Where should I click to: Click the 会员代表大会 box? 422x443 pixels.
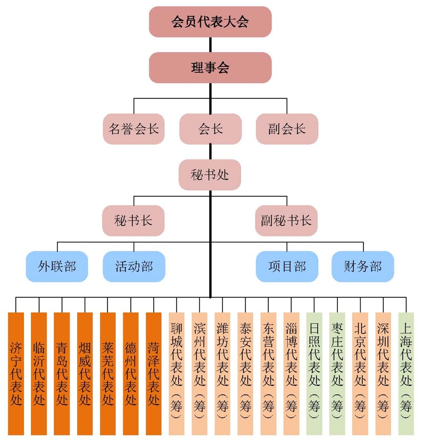[210, 22]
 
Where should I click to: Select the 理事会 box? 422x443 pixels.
[210, 67]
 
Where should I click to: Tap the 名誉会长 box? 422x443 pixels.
[134, 129]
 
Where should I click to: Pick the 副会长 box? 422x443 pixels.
[287, 129]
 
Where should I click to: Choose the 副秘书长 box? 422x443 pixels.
[286, 220]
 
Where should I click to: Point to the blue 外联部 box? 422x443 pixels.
[57, 266]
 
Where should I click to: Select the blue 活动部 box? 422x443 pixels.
[134, 266]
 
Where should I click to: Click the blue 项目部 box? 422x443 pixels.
[287, 266]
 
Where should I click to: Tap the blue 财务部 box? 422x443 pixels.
[363, 266]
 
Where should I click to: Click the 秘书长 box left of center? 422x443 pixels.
[134, 220]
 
